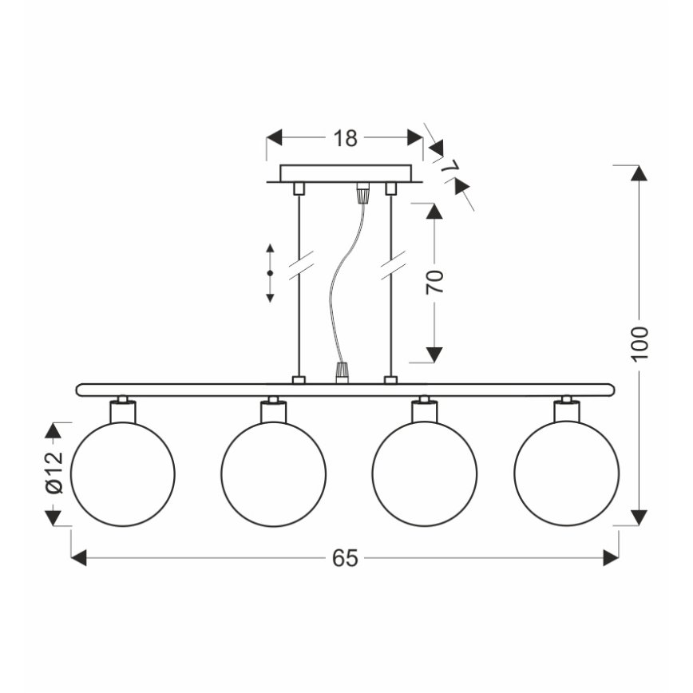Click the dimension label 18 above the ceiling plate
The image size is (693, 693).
click(345, 138)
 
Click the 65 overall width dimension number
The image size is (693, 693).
click(345, 559)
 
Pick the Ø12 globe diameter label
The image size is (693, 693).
click(53, 474)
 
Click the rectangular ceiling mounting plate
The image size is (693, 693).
click(345, 173)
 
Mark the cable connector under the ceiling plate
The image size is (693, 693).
click(363, 192)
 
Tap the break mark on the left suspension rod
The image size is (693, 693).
click(299, 266)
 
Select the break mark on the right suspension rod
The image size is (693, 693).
click(391, 266)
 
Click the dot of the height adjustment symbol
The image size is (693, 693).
click(270, 274)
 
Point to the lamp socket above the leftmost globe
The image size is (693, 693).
click(123, 410)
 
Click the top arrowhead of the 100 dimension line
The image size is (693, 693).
click(639, 174)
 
